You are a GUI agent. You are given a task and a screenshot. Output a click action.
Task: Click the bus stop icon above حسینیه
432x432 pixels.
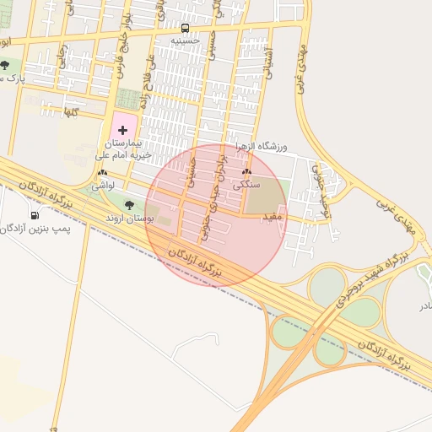pyautogui.click(x=185, y=27)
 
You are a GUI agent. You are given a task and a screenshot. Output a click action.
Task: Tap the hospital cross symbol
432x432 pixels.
pyautogui.click(x=123, y=129)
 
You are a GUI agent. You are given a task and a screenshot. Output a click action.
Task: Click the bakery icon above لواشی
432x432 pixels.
pyautogui.click(x=102, y=172)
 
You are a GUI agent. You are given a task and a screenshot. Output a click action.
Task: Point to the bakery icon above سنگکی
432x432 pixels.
pyautogui.click(x=246, y=172)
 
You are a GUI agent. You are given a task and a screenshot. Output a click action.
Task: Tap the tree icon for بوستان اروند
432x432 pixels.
pyautogui.click(x=129, y=204)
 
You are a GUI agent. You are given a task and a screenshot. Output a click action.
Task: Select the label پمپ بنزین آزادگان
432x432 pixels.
pyautogui.click(x=37, y=228)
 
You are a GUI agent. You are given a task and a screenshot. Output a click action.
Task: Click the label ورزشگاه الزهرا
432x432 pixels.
pyautogui.click(x=262, y=147)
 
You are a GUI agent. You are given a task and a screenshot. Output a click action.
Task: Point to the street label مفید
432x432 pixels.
pyautogui.click(x=277, y=217)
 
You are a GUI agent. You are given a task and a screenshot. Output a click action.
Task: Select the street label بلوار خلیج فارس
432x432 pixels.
pyautogui.click(x=127, y=33)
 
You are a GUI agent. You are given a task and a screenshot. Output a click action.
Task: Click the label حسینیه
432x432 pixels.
pyautogui.click(x=185, y=40)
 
